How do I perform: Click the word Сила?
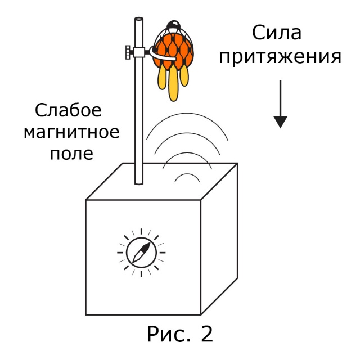(x=276, y=33)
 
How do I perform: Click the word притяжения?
(x=281, y=58)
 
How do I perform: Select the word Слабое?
(x=68, y=110)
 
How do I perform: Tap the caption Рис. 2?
(x=180, y=334)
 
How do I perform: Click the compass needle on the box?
(x=141, y=252)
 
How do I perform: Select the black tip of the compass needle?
(x=147, y=245)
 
